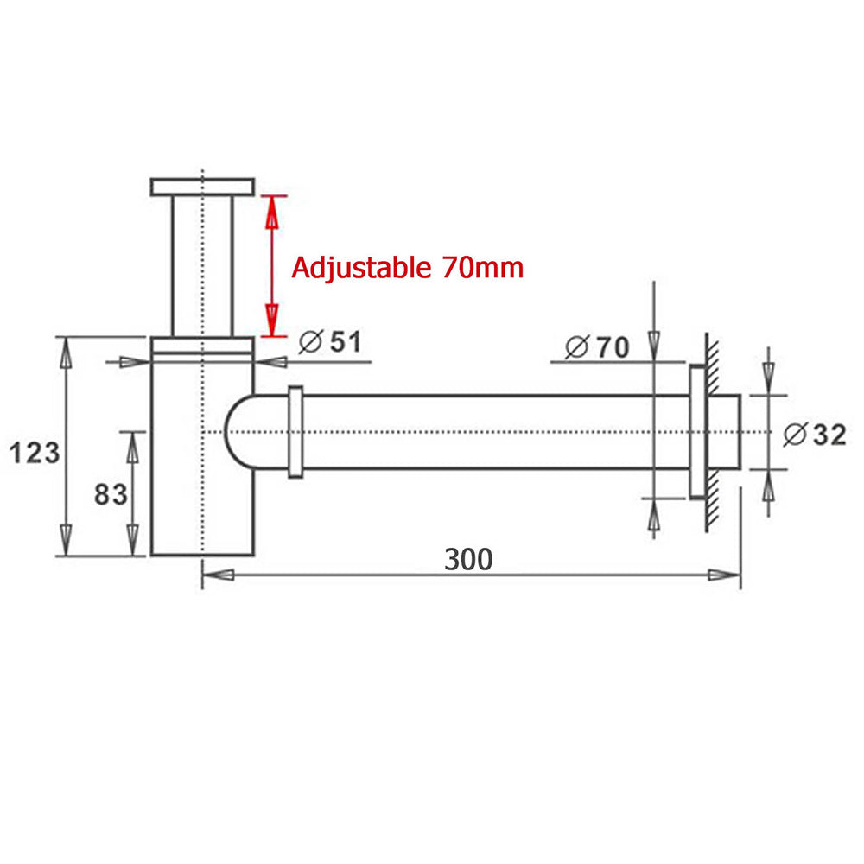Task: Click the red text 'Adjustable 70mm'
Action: click(407, 268)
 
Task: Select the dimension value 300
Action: click(468, 560)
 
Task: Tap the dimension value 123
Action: click(35, 451)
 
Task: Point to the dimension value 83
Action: click(111, 494)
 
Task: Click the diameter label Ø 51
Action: click(329, 343)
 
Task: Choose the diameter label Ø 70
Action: click(597, 347)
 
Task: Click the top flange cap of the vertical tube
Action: click(202, 187)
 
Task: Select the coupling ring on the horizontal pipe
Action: click(295, 431)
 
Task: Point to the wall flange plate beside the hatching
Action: click(696, 431)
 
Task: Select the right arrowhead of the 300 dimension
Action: click(724, 575)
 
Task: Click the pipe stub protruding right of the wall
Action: click(725, 431)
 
